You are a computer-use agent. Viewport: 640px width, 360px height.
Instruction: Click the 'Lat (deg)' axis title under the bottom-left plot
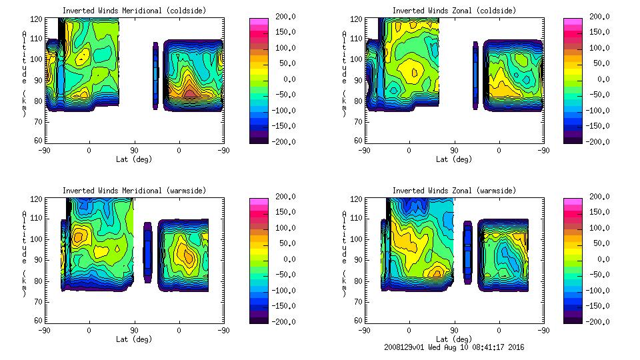[133, 339]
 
